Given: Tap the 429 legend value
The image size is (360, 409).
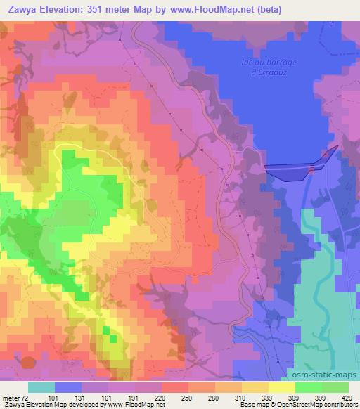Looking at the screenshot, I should [x=346, y=397].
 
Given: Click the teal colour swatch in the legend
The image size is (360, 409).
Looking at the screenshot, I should [x=41, y=387].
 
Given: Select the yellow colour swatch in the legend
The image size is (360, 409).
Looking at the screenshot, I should [x=281, y=387].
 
